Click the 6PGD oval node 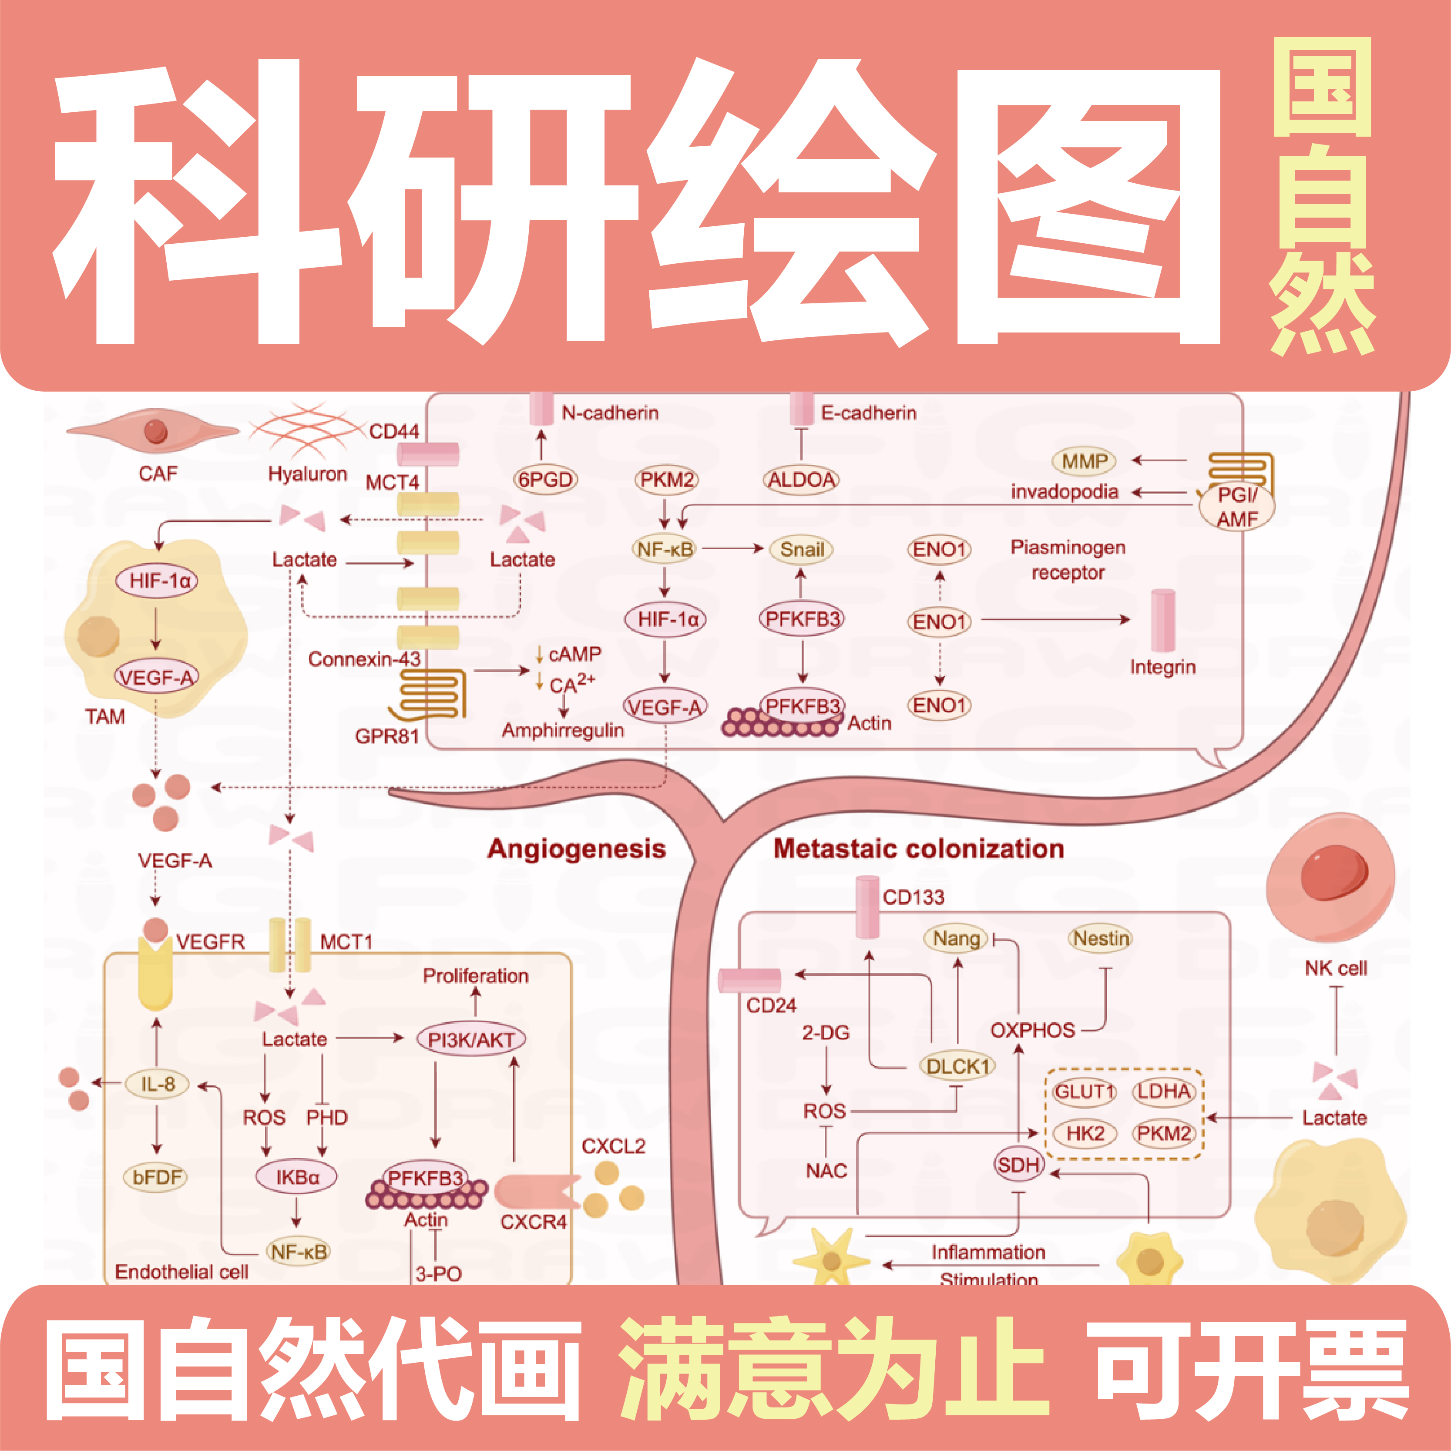point(545,479)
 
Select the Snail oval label point(801,550)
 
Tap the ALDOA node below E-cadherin point(801,479)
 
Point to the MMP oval point(1084,461)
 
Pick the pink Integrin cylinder point(1162,620)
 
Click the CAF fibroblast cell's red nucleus point(155,431)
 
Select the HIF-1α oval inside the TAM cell point(157,581)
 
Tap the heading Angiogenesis point(576,849)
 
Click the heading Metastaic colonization point(918,849)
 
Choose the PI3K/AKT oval point(471,1039)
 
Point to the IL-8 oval point(158,1084)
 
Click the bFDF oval point(156,1177)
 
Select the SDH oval point(1018,1165)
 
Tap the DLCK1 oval point(957,1066)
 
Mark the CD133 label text point(913,897)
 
